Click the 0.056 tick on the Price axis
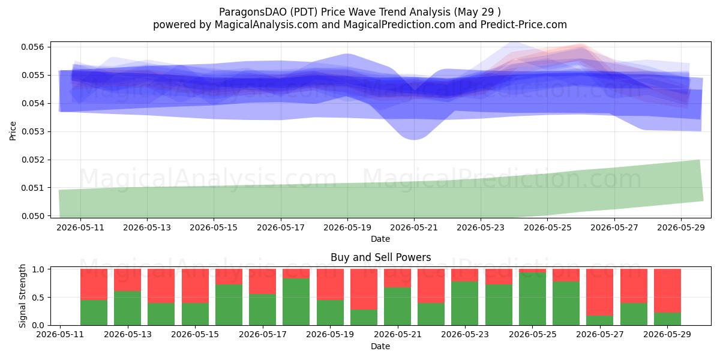coord(32,47)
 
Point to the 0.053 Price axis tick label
coord(32,131)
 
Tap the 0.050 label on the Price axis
coord(32,216)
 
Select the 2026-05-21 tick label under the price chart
coord(413,227)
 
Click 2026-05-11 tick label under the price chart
coord(80,227)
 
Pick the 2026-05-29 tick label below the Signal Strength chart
coord(667,334)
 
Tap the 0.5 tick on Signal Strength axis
coord(38,298)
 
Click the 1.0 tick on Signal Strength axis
coord(38,269)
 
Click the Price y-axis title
coord(13,131)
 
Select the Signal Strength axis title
coord(22,296)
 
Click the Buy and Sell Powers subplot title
coord(380,257)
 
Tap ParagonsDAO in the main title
coord(253,12)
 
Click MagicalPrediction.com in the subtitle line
coord(399,25)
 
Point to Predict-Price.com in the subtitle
coord(524,25)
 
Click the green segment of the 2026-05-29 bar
coord(667,319)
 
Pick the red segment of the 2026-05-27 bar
coord(600,292)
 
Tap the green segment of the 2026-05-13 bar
coord(128,308)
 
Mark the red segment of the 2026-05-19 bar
coord(330,284)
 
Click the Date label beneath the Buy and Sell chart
coord(380,347)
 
